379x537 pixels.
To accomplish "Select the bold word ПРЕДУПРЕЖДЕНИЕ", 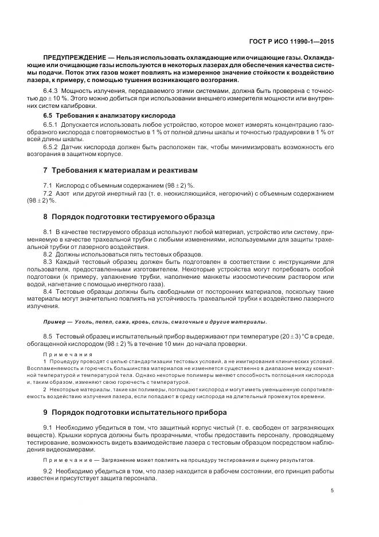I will point(71,59).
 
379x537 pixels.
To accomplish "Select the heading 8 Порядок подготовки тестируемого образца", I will point(129,217).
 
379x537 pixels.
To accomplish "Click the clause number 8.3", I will point(48,262).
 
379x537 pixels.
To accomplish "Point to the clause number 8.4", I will point(48,291).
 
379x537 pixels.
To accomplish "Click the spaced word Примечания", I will point(62,355).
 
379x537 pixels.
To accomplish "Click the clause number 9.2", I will point(48,472).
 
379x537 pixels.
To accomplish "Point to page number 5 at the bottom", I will point(333,491).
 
